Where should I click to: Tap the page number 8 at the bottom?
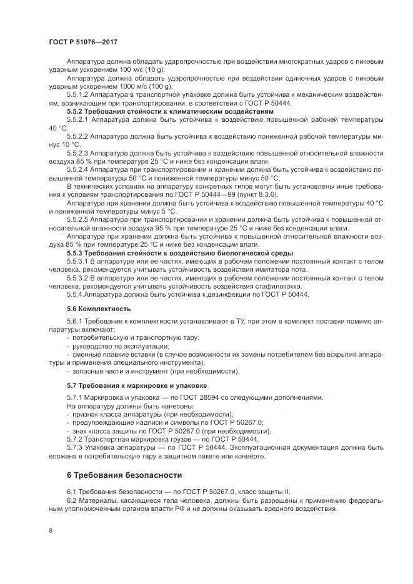[50, 530]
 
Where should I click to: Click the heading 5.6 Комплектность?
[90, 309]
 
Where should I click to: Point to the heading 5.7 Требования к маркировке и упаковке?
[129, 385]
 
